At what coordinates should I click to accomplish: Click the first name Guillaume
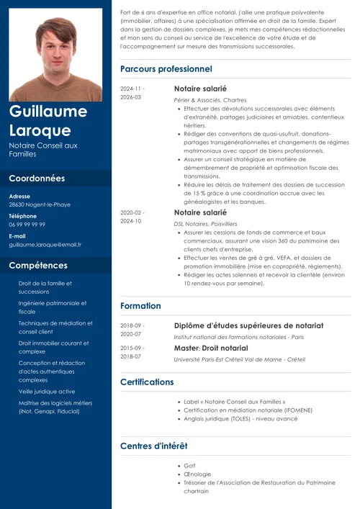pos(48,112)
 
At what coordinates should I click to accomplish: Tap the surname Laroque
pos(40,130)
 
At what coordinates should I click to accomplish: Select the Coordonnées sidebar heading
pos(37,179)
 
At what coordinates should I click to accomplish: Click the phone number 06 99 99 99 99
pos(37,225)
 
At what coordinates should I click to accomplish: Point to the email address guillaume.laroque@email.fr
pos(45,245)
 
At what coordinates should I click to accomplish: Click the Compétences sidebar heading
pos(38,266)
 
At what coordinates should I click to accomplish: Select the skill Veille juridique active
pos(47,391)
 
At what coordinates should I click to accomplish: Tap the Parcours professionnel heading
pos(166,69)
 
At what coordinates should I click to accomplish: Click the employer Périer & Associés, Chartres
pos(210,100)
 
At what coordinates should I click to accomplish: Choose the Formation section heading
pos(140,306)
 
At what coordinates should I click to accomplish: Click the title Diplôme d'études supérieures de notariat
pos(248,326)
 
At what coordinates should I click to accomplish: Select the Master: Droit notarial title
pos(211,348)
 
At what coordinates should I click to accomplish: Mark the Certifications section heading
pos(147,382)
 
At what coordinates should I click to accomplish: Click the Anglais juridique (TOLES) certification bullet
pos(240,419)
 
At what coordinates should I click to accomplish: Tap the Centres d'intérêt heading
pos(153,446)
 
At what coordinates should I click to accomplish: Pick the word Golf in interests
pos(190,466)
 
